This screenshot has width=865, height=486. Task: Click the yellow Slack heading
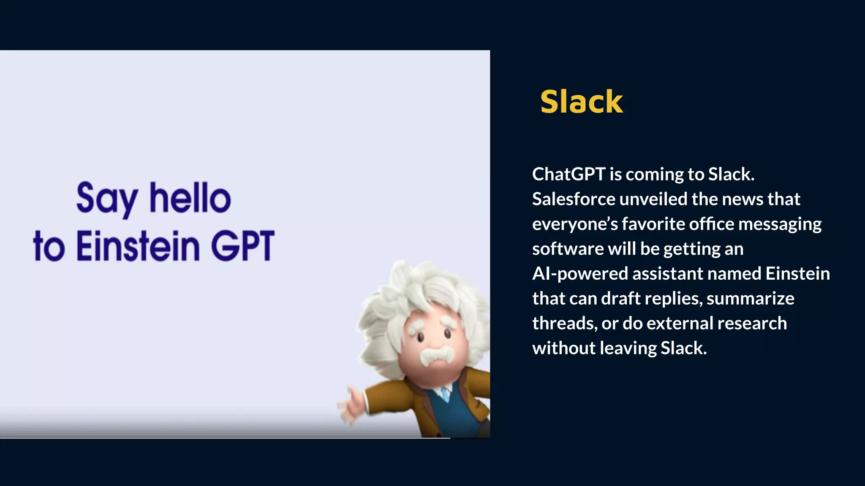[582, 102]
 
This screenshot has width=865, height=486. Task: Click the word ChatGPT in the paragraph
[569, 174]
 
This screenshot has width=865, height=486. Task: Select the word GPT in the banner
[242, 246]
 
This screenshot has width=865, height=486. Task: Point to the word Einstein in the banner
[138, 246]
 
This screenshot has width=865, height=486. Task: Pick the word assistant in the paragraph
[667, 274]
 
